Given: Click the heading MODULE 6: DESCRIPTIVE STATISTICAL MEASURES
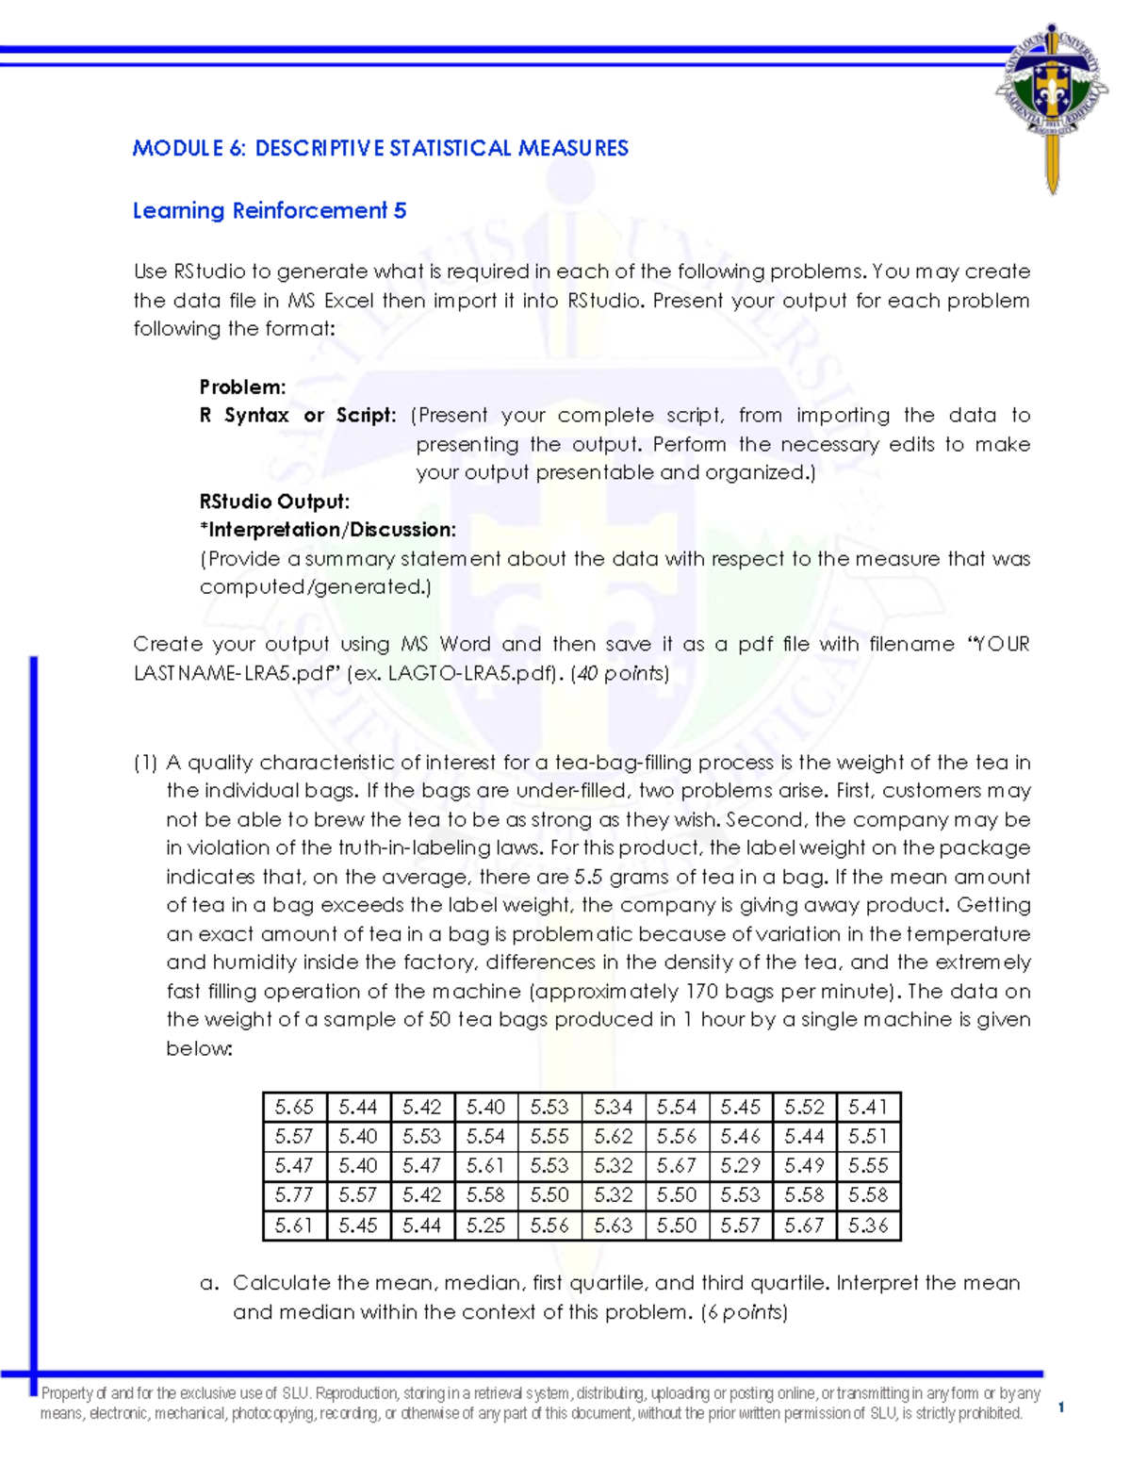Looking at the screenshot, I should [x=380, y=148].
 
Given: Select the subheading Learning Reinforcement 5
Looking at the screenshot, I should [x=270, y=210].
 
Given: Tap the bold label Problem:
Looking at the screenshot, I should [x=242, y=387].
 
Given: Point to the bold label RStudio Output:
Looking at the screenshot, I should [x=274, y=502].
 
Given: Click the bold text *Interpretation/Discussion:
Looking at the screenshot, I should [x=327, y=530].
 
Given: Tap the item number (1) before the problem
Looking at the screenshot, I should [x=145, y=762].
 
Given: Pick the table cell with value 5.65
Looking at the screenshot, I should [x=294, y=1107].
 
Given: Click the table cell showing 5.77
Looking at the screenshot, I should [x=294, y=1195].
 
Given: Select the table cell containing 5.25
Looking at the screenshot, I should [x=485, y=1225].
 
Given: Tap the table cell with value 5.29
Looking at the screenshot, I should [x=740, y=1166].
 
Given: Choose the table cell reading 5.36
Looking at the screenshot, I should [x=868, y=1225].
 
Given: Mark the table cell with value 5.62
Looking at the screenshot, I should [x=613, y=1136].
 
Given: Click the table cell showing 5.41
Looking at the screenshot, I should [x=868, y=1107].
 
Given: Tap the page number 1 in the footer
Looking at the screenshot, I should [x=1061, y=1407].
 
